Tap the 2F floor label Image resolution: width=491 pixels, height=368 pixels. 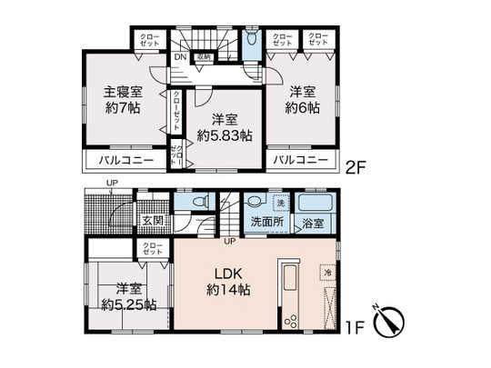[354, 166]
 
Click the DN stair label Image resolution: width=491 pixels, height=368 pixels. [180, 56]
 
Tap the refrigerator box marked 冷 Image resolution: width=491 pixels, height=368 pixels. [326, 272]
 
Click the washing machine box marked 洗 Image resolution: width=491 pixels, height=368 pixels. [282, 202]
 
